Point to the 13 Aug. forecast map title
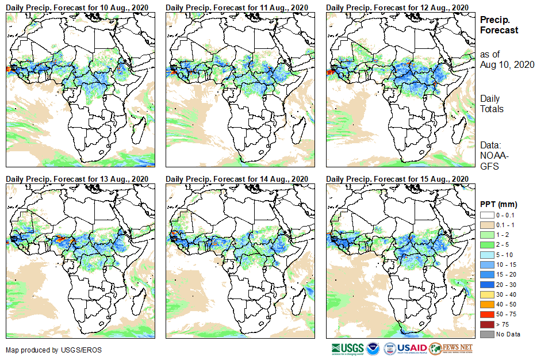77,179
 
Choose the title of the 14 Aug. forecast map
237,179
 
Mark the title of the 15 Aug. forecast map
397,179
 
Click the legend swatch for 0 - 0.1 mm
486,215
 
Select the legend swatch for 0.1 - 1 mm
486,224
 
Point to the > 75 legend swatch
486,325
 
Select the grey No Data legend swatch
486,334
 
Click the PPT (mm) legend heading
499,204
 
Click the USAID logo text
412,348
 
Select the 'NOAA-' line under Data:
493,156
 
